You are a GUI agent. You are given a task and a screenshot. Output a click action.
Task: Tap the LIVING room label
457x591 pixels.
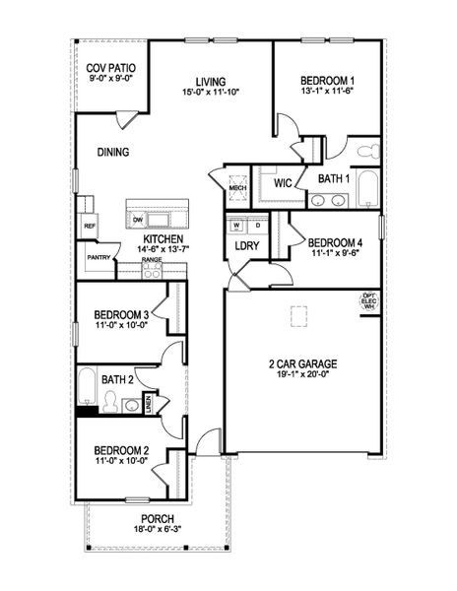(211, 81)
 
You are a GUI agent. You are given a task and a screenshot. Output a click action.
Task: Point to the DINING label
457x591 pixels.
(115, 152)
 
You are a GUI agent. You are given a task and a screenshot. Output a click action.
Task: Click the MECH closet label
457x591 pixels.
(236, 187)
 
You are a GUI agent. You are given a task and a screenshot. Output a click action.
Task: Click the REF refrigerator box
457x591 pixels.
(88, 225)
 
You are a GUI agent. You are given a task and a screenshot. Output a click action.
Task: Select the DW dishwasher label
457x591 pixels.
(138, 219)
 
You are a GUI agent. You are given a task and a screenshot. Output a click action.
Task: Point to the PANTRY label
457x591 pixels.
(98, 257)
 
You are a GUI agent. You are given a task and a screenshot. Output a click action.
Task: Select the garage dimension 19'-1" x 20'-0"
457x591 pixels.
(302, 374)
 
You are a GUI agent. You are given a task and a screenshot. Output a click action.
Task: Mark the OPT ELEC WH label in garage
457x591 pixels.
(370, 300)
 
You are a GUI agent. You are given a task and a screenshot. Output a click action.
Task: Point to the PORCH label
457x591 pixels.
(157, 519)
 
